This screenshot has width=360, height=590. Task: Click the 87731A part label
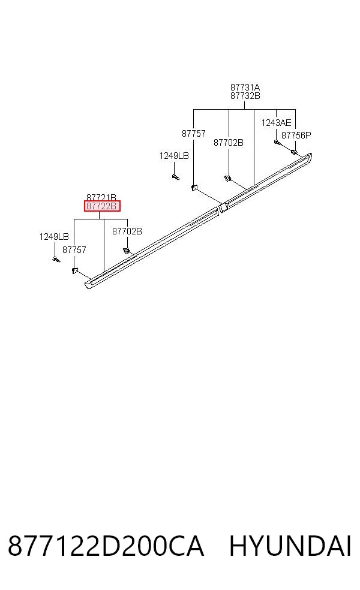tap(245, 88)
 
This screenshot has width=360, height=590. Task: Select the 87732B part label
tap(245, 95)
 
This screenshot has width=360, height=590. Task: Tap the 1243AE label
tap(276, 123)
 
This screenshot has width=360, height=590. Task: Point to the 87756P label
tap(296, 135)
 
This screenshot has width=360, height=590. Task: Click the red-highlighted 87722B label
tap(101, 206)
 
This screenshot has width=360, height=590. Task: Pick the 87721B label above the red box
tap(101, 197)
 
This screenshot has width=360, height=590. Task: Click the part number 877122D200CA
tap(106, 546)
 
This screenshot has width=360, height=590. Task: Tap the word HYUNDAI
tap(290, 546)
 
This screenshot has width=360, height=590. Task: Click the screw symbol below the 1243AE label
tap(277, 142)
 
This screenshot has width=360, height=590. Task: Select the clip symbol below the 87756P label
tap(293, 152)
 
